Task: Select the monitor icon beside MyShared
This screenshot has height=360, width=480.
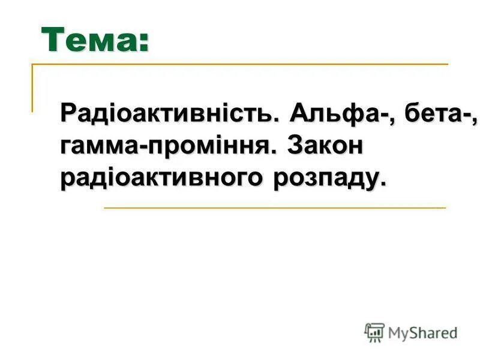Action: (x=374, y=332)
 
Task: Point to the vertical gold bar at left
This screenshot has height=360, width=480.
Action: (x=32, y=88)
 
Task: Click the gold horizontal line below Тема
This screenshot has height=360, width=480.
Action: (x=240, y=64)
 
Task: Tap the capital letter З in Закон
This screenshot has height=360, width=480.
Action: (x=296, y=146)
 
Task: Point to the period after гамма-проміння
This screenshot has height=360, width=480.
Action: (x=279, y=152)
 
